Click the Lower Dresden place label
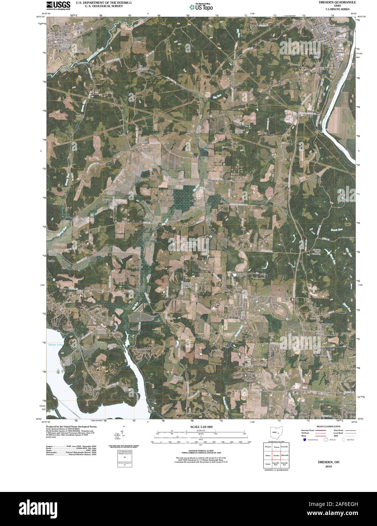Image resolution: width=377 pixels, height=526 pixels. [339, 51]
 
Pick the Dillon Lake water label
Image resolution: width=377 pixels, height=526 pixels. [55, 345]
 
